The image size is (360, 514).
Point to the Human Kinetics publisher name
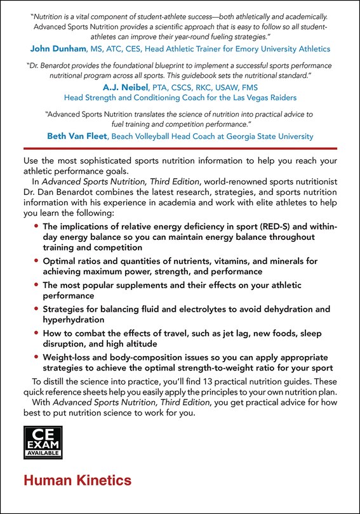tap(77, 480)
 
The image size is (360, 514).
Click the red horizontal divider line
tap(180, 148)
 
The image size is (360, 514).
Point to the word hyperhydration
tap(74, 320)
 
